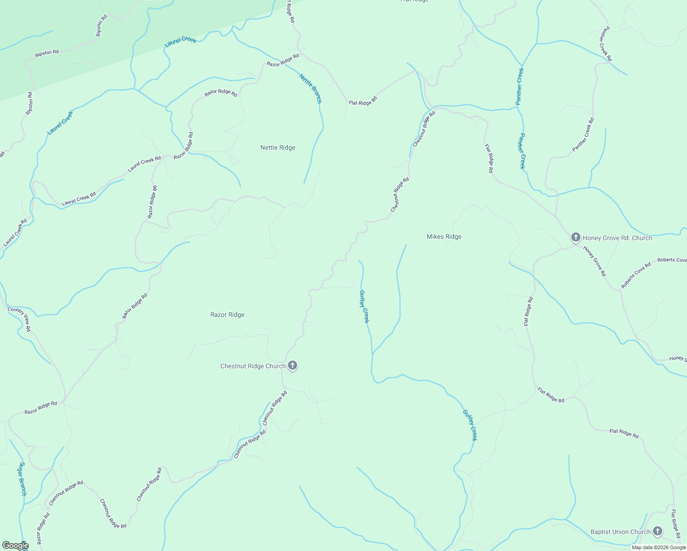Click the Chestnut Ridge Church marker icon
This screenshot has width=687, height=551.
pyautogui.click(x=293, y=366)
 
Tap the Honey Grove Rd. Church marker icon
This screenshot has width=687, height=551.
pyautogui.click(x=575, y=237)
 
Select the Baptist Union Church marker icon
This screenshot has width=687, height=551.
pyautogui.click(x=657, y=532)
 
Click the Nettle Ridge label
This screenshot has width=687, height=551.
pyautogui.click(x=278, y=147)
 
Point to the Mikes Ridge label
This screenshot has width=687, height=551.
pyautogui.click(x=444, y=236)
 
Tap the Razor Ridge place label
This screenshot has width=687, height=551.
pyautogui.click(x=227, y=315)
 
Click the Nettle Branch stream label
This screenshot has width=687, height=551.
pyautogui.click(x=310, y=88)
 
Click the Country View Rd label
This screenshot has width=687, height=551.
pyautogui.click(x=19, y=319)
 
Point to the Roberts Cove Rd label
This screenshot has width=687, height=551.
pyautogui.click(x=636, y=275)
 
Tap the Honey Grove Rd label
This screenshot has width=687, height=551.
pyautogui.click(x=595, y=261)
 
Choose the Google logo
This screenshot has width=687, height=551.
pyautogui.click(x=15, y=545)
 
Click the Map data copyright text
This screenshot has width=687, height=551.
pyautogui.click(x=659, y=547)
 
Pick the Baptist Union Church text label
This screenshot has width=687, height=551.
pyautogui.click(x=620, y=532)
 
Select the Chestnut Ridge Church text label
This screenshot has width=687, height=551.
pyautogui.click(x=253, y=366)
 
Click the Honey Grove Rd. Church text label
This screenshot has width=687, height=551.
pyautogui.click(x=617, y=238)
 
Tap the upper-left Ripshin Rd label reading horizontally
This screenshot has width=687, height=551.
pyautogui.click(x=47, y=53)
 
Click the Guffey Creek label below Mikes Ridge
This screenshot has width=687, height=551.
pyautogui.click(x=364, y=306)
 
